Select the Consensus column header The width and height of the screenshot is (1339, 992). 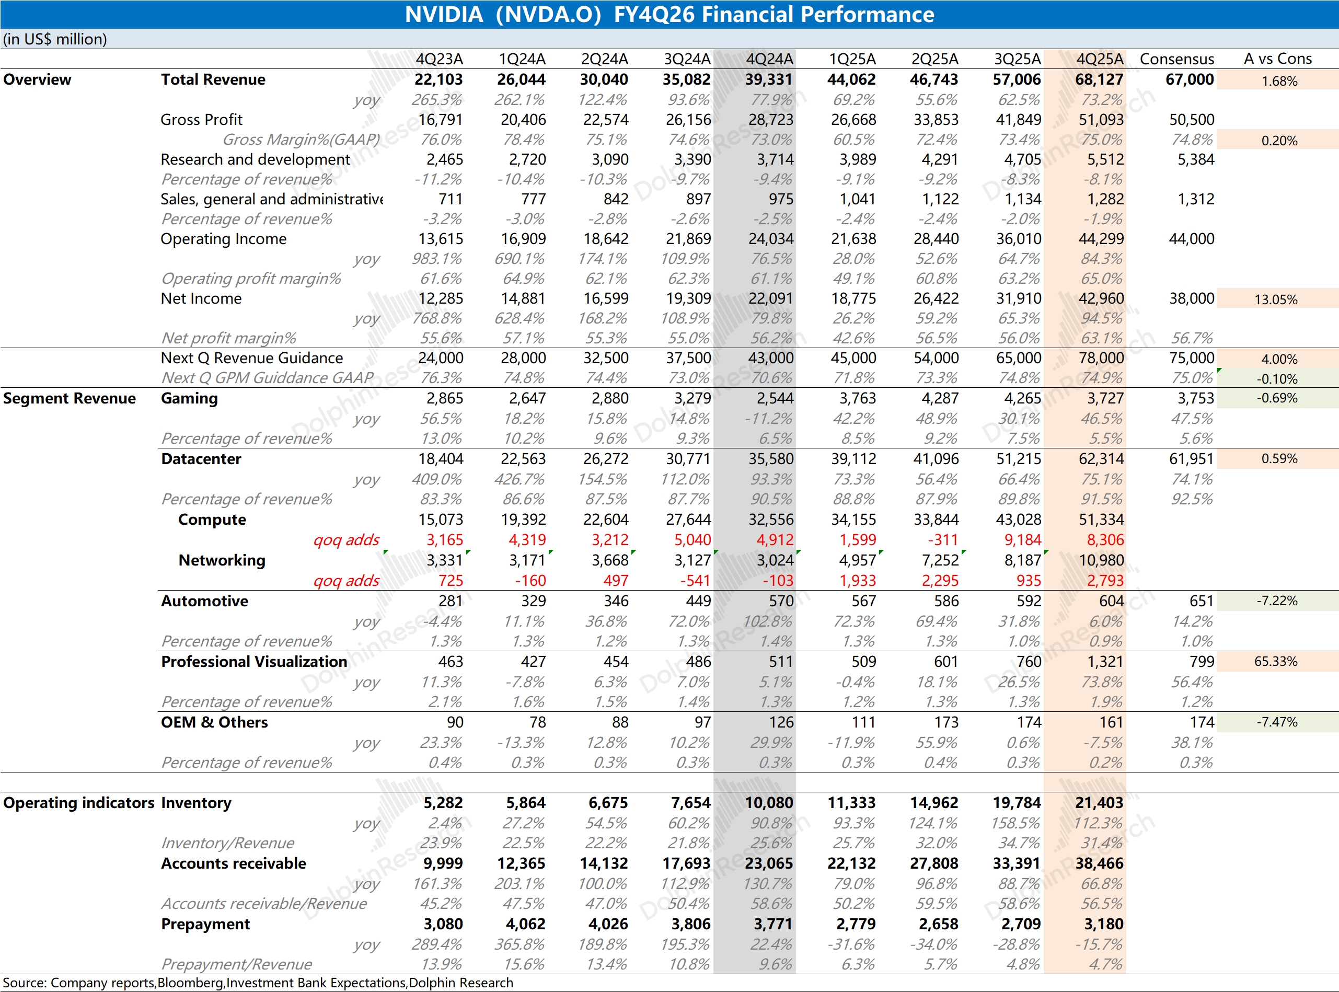click(x=1176, y=59)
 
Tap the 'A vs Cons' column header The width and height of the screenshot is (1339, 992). click(x=1277, y=59)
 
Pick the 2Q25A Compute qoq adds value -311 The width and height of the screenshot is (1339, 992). click(x=945, y=540)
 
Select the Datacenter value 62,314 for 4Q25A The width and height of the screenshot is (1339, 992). click(x=1101, y=459)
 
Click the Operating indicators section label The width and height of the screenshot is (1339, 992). click(x=78, y=803)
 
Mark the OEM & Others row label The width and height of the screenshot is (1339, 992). click(x=214, y=722)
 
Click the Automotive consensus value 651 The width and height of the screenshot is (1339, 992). click(x=1201, y=601)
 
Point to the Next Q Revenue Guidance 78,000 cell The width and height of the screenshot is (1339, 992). click(x=1101, y=358)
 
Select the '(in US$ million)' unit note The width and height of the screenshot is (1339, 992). click(x=55, y=39)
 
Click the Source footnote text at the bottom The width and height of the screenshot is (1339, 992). click(x=258, y=983)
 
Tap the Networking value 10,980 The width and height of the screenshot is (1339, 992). click(x=1101, y=560)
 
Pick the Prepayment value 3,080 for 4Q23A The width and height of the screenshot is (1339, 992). click(x=443, y=924)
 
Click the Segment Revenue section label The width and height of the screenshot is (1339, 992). click(x=69, y=398)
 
